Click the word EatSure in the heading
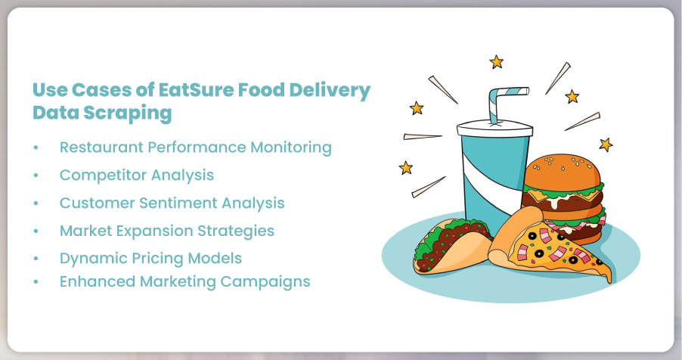(195, 90)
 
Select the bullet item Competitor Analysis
(137, 175)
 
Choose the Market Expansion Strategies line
(167, 231)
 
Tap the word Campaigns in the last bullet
(265, 282)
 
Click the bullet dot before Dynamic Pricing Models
(36, 259)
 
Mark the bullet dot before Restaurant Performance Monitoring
(36, 147)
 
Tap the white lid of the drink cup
(495, 129)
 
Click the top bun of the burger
(562, 170)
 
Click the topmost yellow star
(496, 62)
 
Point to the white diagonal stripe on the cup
(493, 183)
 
